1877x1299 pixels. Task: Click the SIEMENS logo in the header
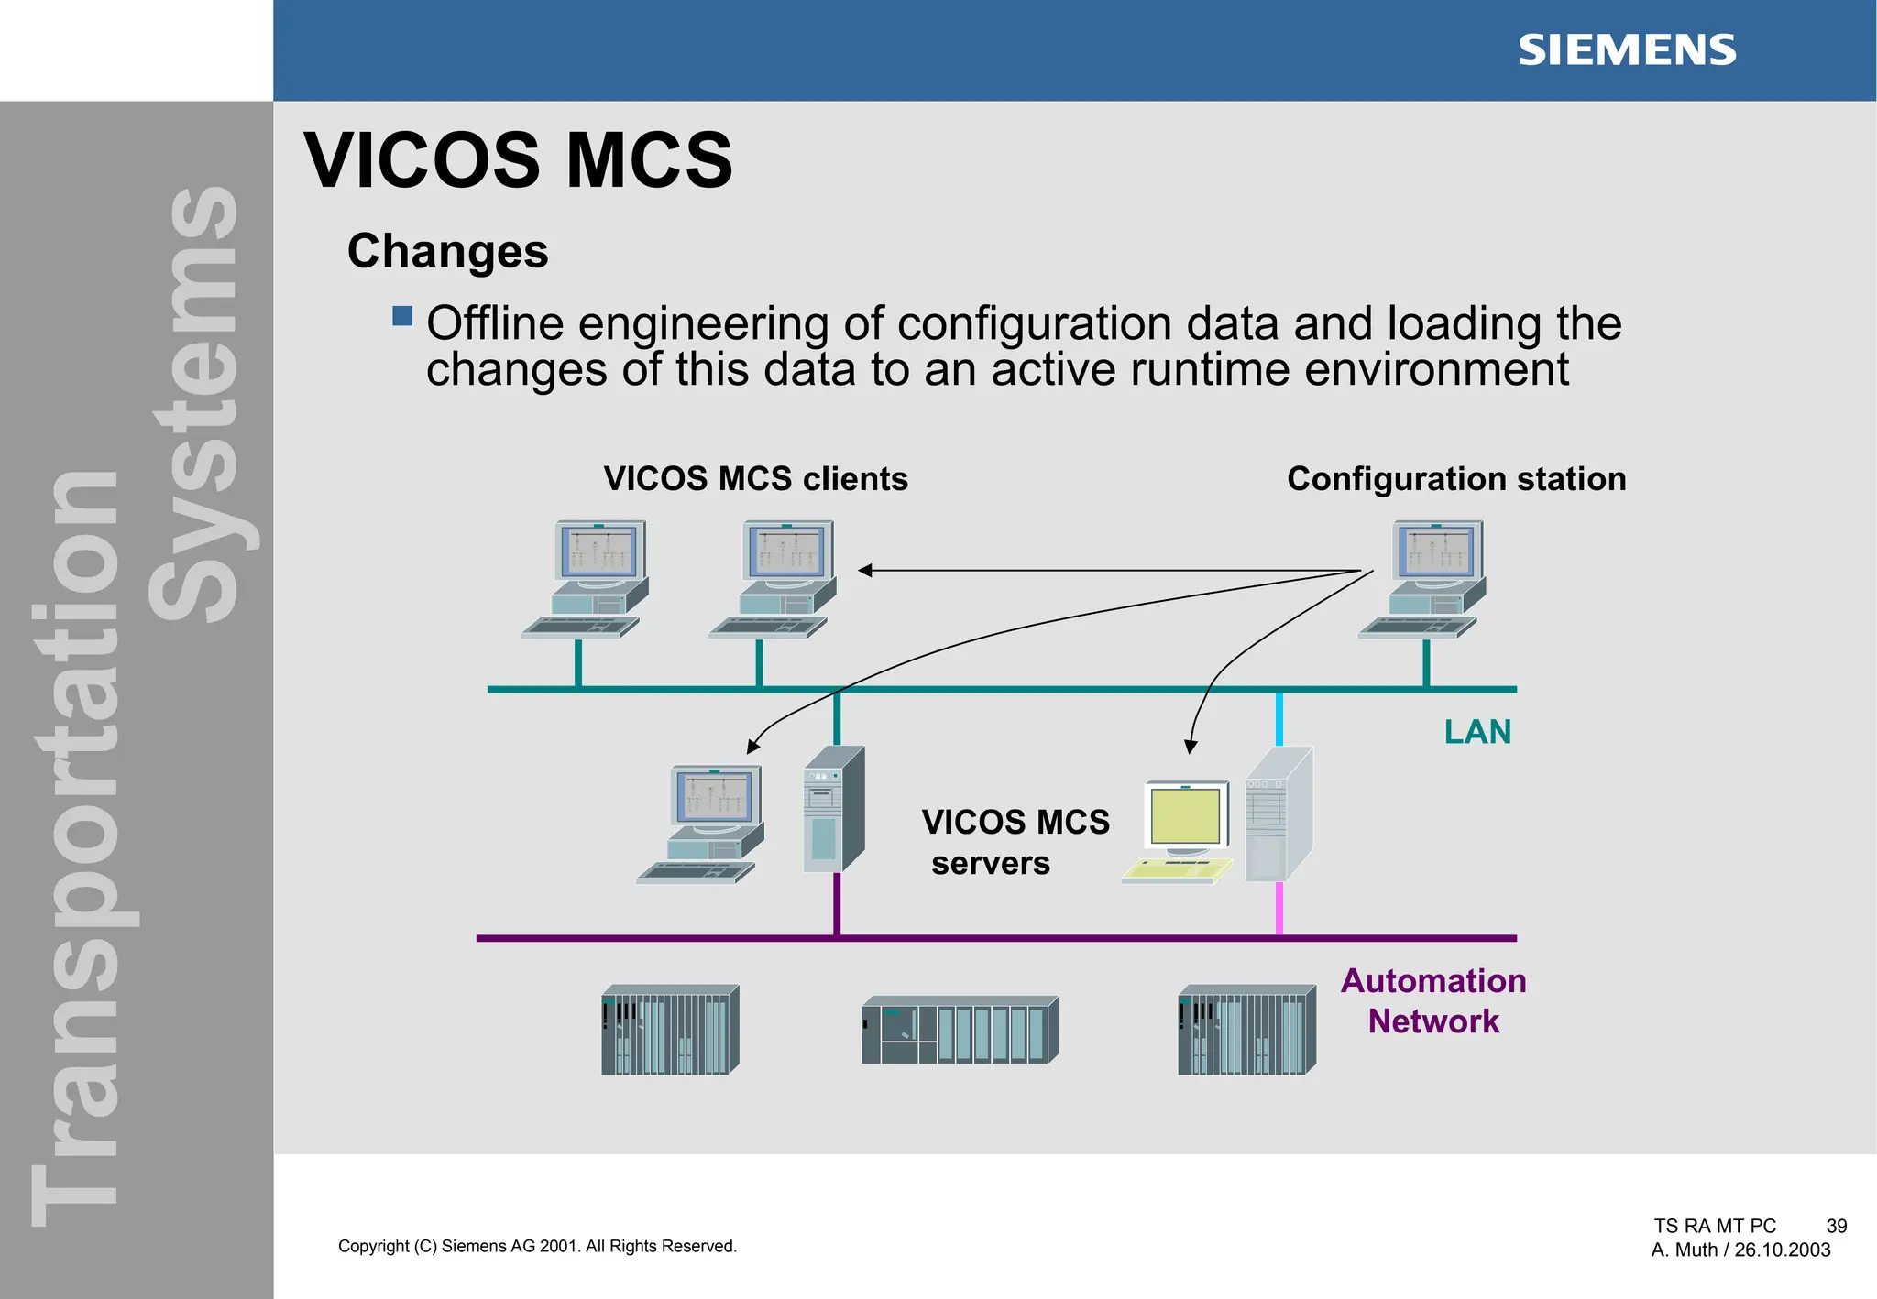tap(1626, 50)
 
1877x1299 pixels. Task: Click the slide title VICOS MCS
tap(518, 161)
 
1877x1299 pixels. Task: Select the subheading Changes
tap(447, 251)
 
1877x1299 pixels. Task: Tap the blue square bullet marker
tap(402, 316)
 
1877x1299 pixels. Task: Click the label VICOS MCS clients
tap(755, 479)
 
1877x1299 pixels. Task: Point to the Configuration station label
tap(1455, 479)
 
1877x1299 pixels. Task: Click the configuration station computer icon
tap(1425, 577)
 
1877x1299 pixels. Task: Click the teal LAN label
tap(1476, 732)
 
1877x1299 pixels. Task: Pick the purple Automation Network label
tap(1433, 1001)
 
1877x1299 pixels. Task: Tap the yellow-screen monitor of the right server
tap(1185, 817)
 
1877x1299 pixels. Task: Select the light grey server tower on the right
tap(1278, 814)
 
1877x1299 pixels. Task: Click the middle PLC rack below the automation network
tap(959, 1031)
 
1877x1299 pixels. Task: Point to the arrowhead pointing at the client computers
tap(864, 571)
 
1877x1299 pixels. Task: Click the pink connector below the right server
tap(1279, 909)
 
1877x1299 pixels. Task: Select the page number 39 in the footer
tap(1836, 1226)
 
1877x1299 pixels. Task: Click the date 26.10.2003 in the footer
tap(1782, 1250)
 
